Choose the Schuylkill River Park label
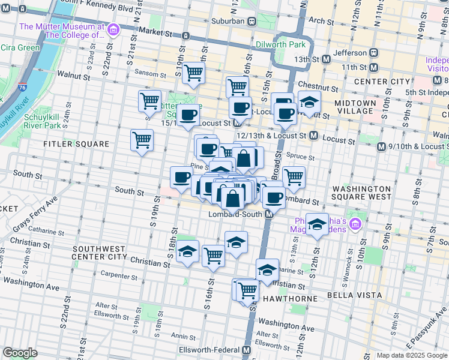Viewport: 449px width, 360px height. pyautogui.click(x=42, y=121)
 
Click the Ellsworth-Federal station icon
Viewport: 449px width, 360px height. pyautogui.click(x=247, y=350)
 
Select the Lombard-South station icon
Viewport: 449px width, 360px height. pyautogui.click(x=270, y=214)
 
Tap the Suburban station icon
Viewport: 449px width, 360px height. pyautogui.click(x=252, y=21)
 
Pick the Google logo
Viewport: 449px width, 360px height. pyautogui.click(x=20, y=353)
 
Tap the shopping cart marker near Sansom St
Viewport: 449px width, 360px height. pyautogui.click(x=194, y=73)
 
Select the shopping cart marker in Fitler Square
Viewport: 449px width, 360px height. pyautogui.click(x=142, y=140)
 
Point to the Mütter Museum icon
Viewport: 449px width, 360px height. pyautogui.click(x=112, y=28)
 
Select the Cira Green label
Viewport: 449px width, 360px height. pyautogui.click(x=20, y=47)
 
